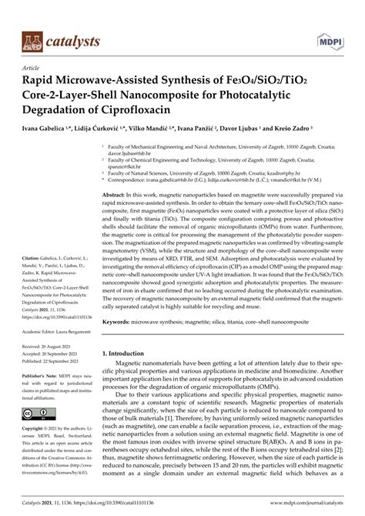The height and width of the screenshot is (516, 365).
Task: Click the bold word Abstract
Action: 114,197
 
